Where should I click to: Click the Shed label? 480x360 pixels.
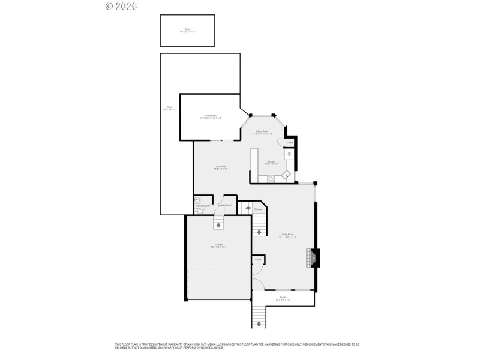(187, 30)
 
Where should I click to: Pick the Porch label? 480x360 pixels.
(283, 298)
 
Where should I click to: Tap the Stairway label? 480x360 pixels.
(258, 209)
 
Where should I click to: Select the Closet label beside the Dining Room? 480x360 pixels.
(289, 143)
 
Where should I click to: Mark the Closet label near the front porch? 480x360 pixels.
(257, 260)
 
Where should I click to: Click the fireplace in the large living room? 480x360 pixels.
(312, 257)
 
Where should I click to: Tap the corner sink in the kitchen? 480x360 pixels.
(287, 175)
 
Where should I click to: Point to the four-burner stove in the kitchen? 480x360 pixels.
(271, 178)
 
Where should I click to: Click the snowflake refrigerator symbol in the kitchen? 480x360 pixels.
(289, 154)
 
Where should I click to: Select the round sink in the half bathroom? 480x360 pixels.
(197, 200)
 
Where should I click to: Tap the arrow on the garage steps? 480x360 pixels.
(218, 224)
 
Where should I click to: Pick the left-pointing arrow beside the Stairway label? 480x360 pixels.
(247, 209)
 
